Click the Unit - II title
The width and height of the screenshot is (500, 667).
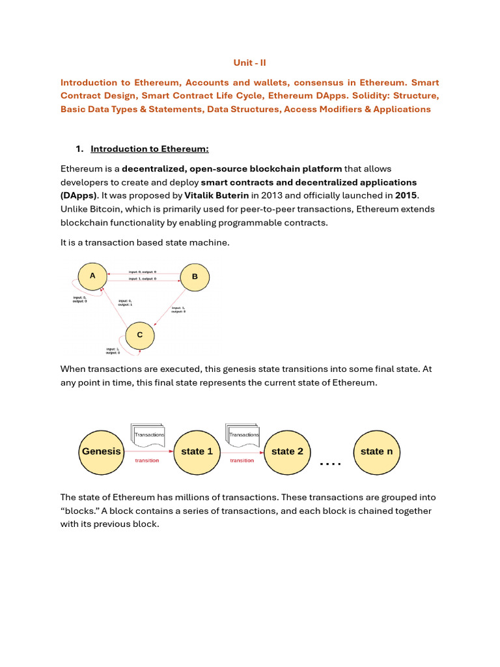click(x=250, y=63)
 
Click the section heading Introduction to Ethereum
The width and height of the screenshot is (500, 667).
click(x=149, y=149)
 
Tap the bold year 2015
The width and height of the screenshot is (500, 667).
click(x=406, y=195)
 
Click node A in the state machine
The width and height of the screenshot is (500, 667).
click(x=93, y=276)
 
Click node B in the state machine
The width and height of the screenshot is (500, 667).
click(x=194, y=277)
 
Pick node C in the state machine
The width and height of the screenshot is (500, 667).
click(x=139, y=335)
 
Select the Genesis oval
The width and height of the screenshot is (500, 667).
click(x=101, y=451)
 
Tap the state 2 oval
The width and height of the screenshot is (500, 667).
click(x=287, y=451)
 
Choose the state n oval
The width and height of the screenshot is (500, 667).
click(x=376, y=451)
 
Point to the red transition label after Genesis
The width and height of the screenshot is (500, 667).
click(x=146, y=461)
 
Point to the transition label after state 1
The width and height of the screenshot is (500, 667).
click(x=242, y=461)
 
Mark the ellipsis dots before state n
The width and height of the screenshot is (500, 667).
click(x=331, y=464)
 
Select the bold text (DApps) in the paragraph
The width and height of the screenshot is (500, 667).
click(x=79, y=195)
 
